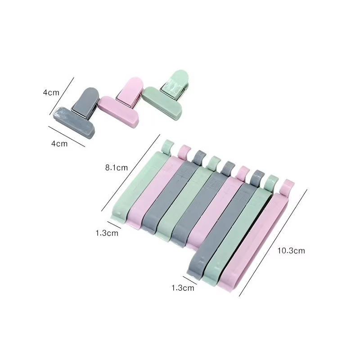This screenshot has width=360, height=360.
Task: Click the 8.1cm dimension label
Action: [x=117, y=167]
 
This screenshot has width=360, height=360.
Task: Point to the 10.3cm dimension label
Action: [x=291, y=251]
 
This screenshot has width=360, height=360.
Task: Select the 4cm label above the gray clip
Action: [x=51, y=93]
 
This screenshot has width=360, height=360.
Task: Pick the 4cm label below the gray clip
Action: [x=59, y=144]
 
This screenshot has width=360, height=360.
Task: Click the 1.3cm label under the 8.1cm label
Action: [x=107, y=233]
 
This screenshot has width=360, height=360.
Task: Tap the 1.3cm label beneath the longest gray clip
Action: [x=183, y=288]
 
